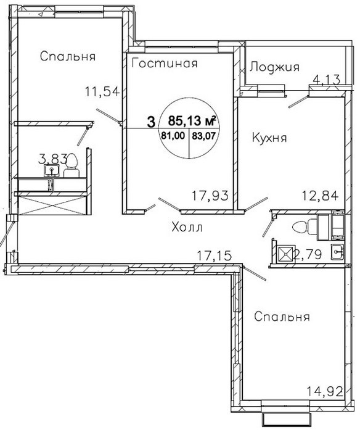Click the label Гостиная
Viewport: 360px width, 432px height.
165,64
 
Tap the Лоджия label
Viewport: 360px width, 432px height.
274,67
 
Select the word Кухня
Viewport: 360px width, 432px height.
269,138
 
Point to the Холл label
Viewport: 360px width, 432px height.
187,228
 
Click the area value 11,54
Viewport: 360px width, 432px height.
102,91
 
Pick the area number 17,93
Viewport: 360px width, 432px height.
210,196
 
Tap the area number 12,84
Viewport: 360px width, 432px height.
320,196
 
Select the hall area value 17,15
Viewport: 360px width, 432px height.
215,255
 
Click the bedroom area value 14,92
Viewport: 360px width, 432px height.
325,391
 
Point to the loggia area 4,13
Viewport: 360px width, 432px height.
327,80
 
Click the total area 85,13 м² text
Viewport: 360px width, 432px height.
191,120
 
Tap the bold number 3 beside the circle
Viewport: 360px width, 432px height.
151,122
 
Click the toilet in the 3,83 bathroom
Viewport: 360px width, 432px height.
72,165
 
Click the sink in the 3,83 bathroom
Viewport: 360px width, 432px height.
51,170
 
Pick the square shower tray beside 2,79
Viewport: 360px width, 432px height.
286,253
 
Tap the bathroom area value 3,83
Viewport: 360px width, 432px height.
52,159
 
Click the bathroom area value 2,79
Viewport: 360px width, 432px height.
308,254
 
